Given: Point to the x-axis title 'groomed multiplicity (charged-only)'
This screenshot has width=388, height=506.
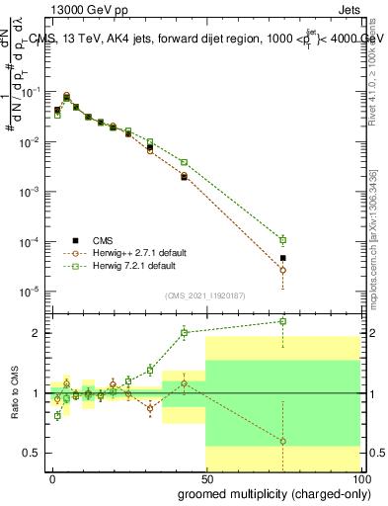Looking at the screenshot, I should (x=270, y=492).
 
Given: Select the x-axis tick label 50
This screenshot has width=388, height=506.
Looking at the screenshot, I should (x=205, y=478).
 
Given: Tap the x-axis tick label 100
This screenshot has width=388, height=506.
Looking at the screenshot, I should (x=360, y=478).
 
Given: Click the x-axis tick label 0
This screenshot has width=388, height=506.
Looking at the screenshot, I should (x=52, y=478).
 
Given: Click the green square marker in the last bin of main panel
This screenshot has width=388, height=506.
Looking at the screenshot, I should (x=283, y=239).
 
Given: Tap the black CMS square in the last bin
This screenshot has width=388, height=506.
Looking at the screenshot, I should (x=283, y=258).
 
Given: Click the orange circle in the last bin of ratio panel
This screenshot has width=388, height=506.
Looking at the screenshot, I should (x=283, y=441).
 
